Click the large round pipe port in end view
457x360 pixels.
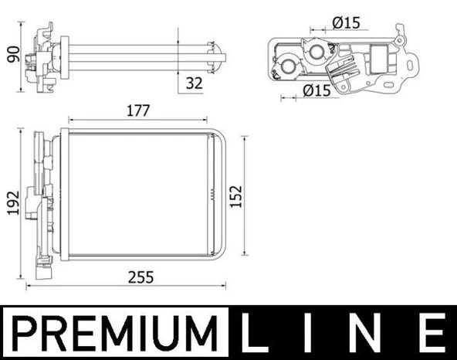[317, 53]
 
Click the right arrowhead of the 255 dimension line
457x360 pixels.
[225, 284]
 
